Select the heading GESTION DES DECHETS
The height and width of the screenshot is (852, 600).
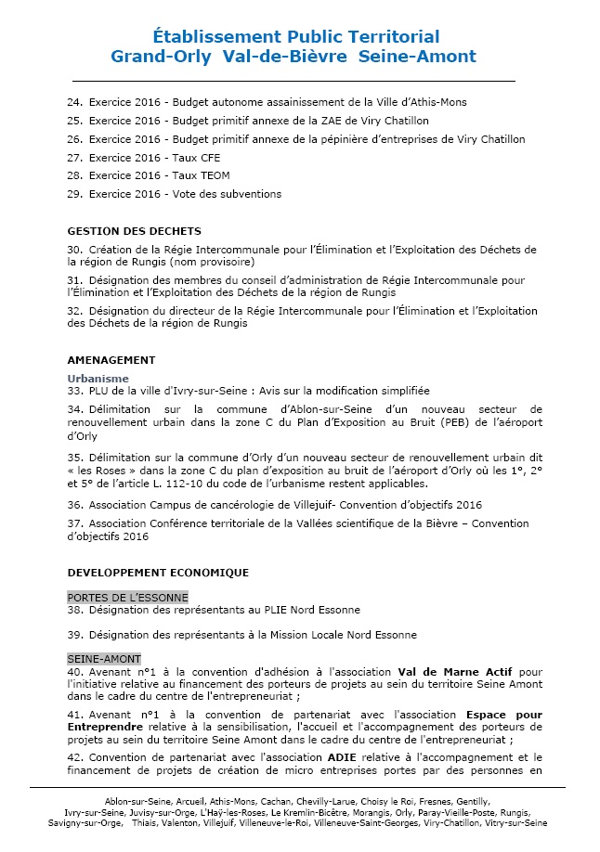[135, 231]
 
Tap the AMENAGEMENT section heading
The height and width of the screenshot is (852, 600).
[111, 360]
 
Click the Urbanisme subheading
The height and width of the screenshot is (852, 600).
[98, 379]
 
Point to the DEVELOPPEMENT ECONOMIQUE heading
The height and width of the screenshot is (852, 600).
[158, 573]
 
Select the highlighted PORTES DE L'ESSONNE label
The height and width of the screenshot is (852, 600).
[127, 597]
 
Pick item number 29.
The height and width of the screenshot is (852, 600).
[75, 194]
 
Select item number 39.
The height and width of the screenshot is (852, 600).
[75, 635]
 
